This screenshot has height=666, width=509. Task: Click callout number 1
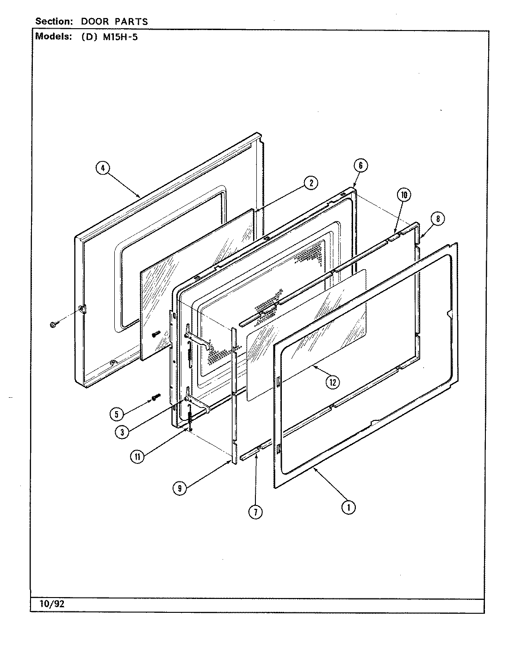[x=348, y=507]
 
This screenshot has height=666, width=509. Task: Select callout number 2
[x=310, y=183]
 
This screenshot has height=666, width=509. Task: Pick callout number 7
[x=255, y=512]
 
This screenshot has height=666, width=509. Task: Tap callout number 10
[x=403, y=195]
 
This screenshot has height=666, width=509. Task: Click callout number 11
[x=137, y=456]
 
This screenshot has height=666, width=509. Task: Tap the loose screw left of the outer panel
[x=53, y=325]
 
